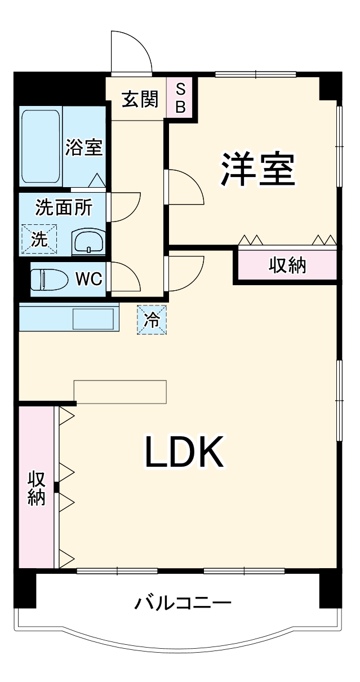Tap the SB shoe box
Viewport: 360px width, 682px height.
180,98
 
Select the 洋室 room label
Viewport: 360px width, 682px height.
257,170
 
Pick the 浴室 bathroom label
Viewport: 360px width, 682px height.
84,148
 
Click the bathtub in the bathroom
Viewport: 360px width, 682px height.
41,147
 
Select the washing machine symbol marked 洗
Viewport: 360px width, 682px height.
39,239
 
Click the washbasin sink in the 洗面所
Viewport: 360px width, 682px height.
88,242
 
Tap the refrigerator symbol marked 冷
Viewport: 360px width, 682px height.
152,320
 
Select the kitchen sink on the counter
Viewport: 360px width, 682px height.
94,319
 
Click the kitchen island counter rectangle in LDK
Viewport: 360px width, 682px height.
121,392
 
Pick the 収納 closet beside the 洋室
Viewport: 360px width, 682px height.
287,264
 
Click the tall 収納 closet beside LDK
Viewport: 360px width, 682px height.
36,488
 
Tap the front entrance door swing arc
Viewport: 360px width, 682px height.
131,51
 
